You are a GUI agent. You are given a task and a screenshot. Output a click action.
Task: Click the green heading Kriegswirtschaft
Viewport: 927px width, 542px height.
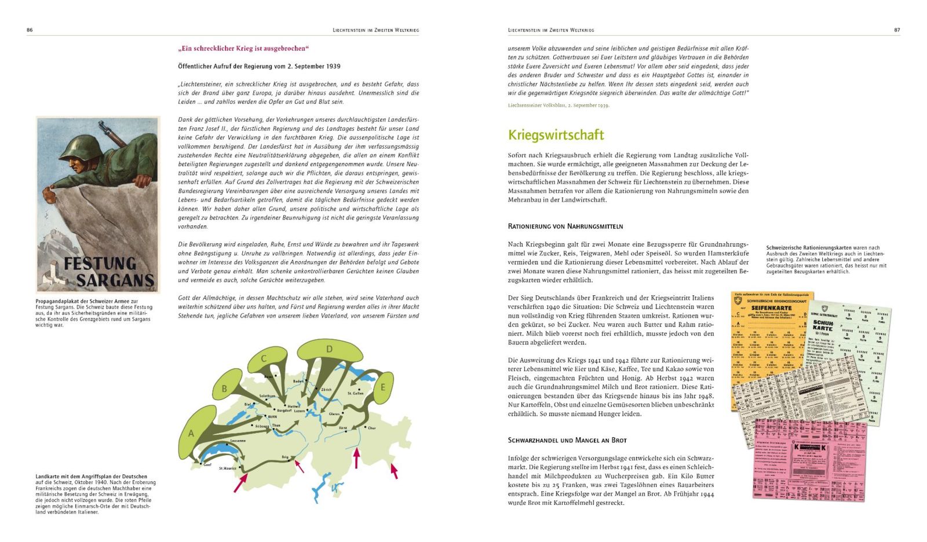(x=556, y=135)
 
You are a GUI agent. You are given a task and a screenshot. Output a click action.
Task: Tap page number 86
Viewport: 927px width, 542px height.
(x=30, y=30)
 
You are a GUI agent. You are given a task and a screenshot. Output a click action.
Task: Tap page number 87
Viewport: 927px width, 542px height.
(x=897, y=30)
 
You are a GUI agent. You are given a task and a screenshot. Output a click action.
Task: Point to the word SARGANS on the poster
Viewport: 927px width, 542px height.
(x=115, y=281)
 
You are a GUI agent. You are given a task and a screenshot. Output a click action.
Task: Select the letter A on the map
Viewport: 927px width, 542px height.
(x=191, y=434)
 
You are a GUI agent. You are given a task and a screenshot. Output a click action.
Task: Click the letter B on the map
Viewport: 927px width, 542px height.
(x=224, y=389)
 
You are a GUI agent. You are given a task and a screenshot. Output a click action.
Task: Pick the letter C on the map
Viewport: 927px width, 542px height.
(x=264, y=358)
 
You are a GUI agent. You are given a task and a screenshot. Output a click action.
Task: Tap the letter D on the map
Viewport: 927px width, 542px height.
(x=329, y=349)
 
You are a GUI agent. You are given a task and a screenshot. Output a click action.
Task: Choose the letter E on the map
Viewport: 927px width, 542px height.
(x=382, y=387)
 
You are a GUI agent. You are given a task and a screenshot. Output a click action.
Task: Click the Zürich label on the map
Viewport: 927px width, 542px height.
(x=327, y=390)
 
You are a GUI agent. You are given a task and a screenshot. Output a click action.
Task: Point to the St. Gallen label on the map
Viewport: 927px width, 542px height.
(x=355, y=393)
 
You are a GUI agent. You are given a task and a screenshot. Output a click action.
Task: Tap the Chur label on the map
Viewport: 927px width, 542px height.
(x=372, y=429)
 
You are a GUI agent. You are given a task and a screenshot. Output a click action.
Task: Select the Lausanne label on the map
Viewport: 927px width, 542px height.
(x=238, y=441)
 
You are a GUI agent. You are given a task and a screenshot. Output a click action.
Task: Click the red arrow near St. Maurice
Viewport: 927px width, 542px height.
(x=240, y=482)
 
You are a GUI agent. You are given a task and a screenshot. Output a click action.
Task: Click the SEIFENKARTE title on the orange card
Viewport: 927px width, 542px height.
(x=771, y=308)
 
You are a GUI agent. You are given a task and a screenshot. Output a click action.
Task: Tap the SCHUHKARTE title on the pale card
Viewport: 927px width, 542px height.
(x=823, y=325)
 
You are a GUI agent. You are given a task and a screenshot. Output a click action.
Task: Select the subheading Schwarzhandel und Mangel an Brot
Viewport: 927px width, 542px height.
(x=567, y=440)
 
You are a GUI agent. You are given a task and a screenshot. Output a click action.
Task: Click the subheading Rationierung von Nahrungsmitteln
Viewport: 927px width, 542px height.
(x=565, y=226)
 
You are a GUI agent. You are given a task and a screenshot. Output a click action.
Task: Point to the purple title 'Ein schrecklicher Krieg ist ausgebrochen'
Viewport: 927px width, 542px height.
(x=243, y=49)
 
